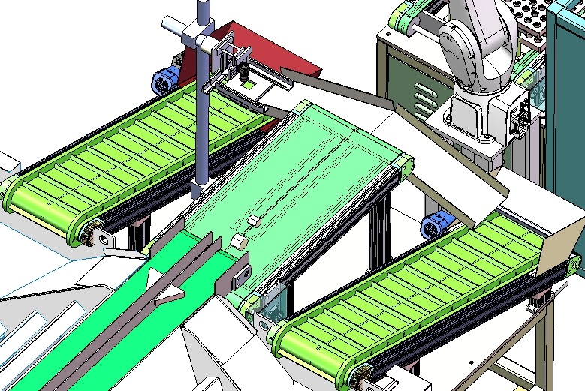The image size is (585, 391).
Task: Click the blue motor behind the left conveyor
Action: coord(165,78)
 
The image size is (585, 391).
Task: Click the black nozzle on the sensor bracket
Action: coord(244,74)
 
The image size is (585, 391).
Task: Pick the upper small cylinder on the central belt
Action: coord(253,221)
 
